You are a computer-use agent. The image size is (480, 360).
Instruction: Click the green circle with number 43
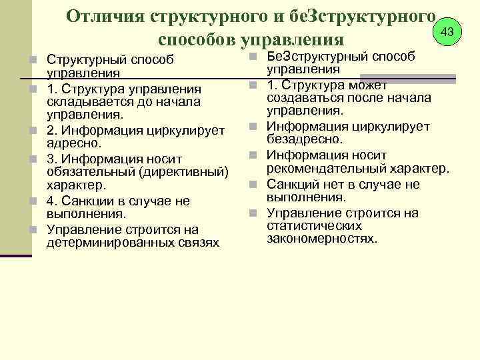[x=447, y=31]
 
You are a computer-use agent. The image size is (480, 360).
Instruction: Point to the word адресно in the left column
[x=73, y=143]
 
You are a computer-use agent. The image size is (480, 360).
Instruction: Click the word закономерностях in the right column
[x=322, y=237]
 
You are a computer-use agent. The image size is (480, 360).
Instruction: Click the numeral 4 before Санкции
[x=50, y=201]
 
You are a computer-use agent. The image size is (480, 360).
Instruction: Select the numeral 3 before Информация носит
[x=50, y=158]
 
